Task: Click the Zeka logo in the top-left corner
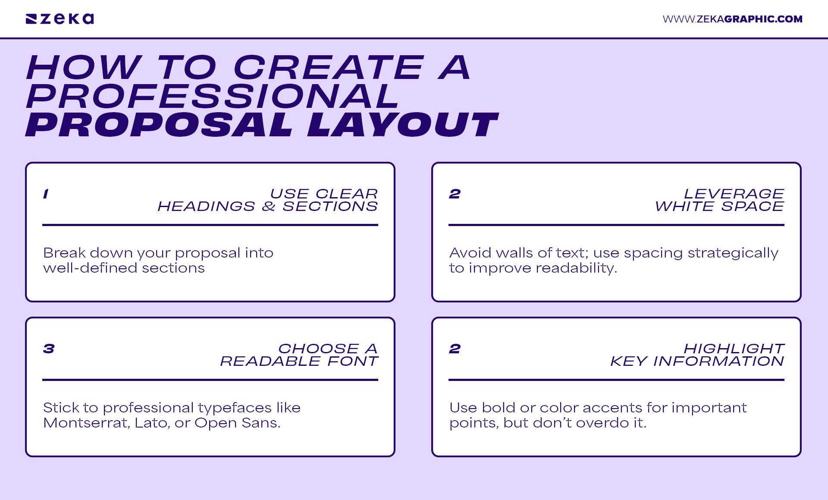point(60,19)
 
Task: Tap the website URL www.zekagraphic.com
point(732,19)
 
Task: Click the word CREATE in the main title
point(329,68)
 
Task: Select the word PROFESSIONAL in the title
point(212,96)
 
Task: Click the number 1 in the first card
point(46,194)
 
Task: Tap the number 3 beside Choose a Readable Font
point(49,349)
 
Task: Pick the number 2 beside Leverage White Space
point(455,194)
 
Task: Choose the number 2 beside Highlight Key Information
point(455,349)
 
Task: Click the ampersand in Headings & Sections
point(268,207)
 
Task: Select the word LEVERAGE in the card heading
point(734,194)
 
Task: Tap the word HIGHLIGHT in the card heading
point(734,349)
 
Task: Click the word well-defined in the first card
point(90,268)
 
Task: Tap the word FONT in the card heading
point(352,361)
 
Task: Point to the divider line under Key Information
point(616,380)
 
